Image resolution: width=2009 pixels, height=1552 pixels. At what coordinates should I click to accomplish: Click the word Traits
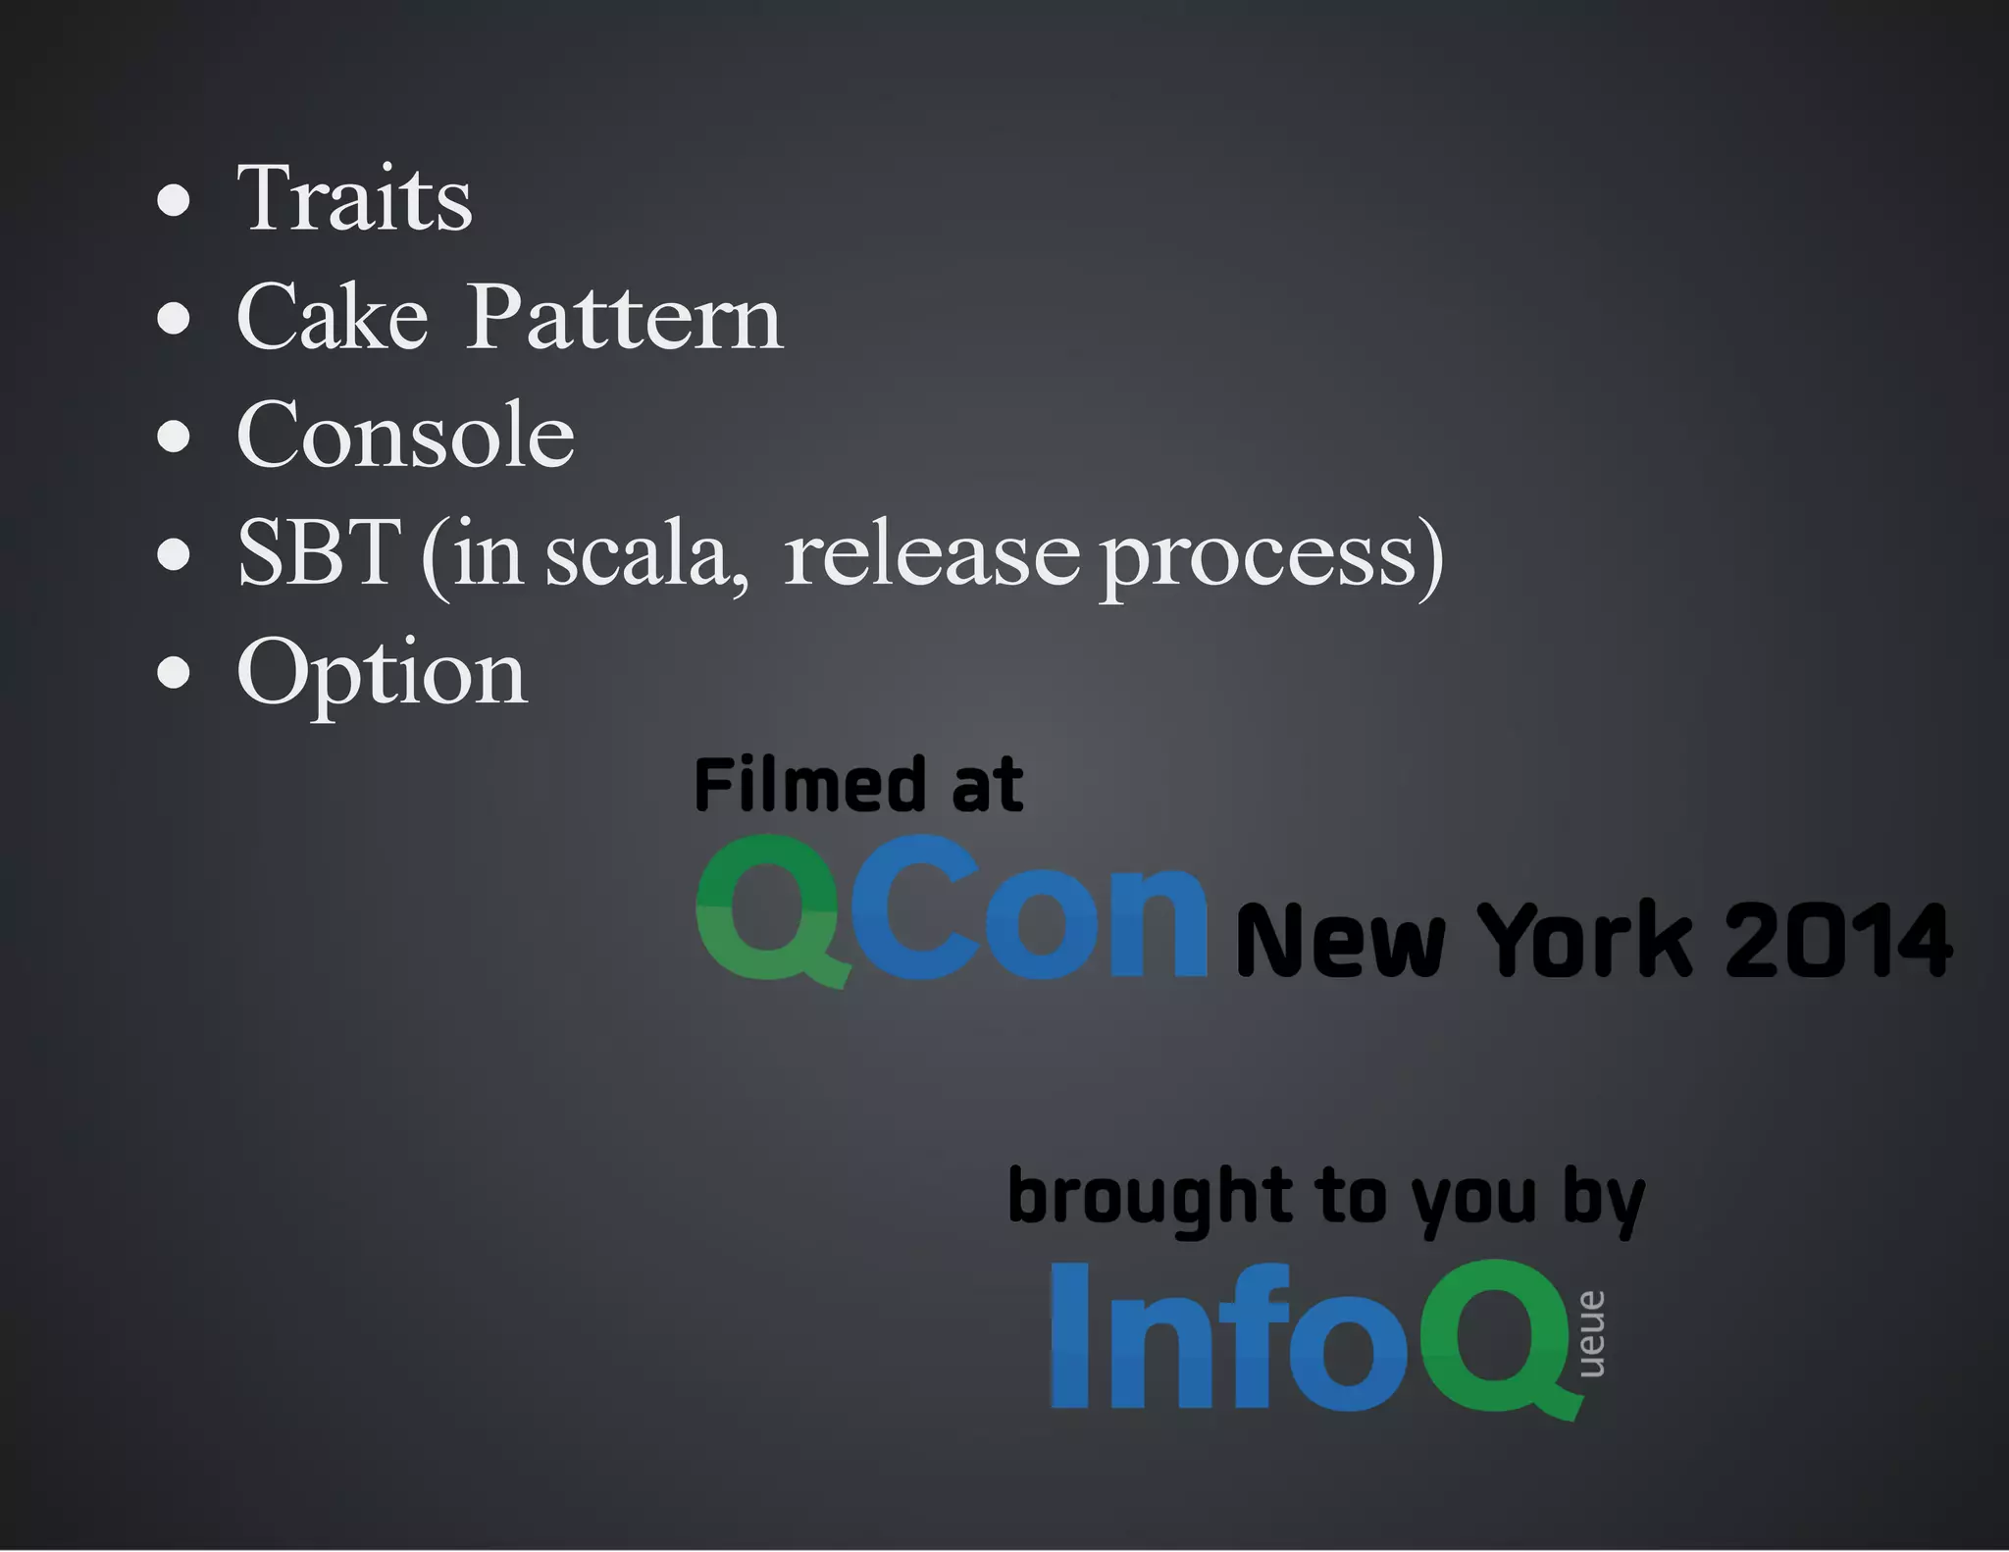tap(354, 199)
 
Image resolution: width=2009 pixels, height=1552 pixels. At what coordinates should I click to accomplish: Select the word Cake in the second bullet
tap(333, 317)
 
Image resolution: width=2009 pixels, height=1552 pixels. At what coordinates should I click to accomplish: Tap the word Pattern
tap(624, 317)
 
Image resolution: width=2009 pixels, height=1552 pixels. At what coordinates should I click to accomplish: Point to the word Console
tap(405, 435)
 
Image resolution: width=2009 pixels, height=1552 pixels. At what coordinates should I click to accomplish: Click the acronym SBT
tap(319, 553)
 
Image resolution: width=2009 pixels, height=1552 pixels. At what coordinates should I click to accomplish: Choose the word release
tap(932, 555)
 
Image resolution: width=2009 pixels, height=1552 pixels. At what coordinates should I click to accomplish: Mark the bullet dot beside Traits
tap(174, 200)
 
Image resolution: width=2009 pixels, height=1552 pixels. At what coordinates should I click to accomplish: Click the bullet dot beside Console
tap(174, 437)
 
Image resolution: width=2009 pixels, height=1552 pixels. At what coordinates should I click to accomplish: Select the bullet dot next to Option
tap(174, 673)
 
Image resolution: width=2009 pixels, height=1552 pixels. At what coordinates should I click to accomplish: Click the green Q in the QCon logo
tap(770, 910)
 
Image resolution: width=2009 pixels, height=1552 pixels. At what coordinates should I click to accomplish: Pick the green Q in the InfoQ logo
tap(1501, 1338)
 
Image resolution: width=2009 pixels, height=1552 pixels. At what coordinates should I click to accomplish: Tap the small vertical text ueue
tap(1591, 1334)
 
